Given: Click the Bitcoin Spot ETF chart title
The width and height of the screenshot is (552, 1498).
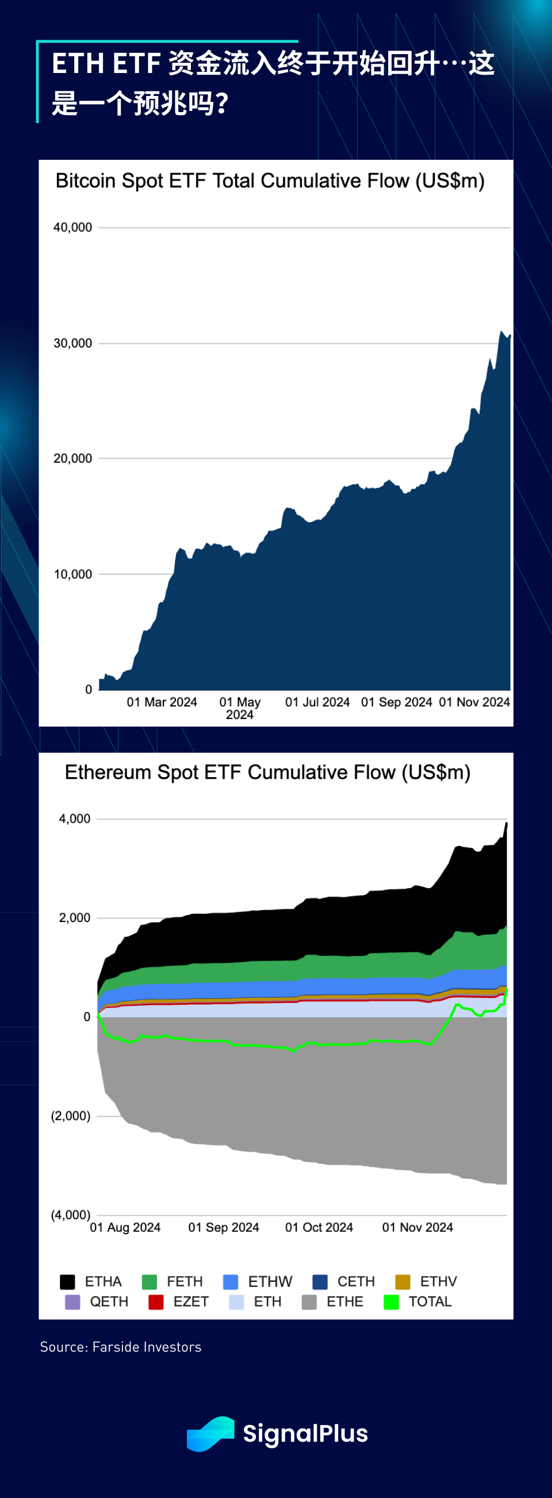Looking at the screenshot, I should (x=270, y=181).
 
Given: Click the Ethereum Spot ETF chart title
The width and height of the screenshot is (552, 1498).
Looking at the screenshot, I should (x=267, y=772).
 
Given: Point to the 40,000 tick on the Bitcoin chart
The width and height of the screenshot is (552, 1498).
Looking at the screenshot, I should (x=72, y=228).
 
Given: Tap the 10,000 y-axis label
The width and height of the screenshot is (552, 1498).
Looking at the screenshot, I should (x=72, y=575).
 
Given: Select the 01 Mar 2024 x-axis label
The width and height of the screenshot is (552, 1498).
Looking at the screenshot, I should (x=162, y=702).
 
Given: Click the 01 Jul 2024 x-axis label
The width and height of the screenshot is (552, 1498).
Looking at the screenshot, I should (x=317, y=702).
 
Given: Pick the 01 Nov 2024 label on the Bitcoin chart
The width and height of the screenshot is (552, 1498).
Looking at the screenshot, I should (x=474, y=702).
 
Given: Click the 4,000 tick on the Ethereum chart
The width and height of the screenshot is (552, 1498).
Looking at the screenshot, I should (x=74, y=819).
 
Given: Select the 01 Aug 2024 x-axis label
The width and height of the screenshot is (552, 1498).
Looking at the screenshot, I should (x=125, y=1227).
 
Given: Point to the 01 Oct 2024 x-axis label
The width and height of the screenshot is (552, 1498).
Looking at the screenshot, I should (x=319, y=1227).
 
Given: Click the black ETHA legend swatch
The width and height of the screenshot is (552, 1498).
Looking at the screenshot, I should (x=67, y=1282).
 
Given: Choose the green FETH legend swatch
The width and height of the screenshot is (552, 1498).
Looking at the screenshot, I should (x=149, y=1282).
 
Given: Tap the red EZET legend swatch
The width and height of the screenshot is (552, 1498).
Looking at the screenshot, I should (x=156, y=1301).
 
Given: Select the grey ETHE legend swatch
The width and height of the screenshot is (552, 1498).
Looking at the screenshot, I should (x=309, y=1301).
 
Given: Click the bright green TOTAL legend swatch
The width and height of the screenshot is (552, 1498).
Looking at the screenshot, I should (x=392, y=1301).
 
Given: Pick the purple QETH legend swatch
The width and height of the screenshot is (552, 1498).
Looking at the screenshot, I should (x=72, y=1301).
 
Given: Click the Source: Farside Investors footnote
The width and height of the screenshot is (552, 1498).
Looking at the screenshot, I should (x=120, y=1347).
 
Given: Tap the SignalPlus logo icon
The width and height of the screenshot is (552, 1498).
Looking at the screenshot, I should (x=210, y=1434).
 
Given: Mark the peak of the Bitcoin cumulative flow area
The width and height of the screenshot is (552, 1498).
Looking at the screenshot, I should (x=501, y=332).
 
